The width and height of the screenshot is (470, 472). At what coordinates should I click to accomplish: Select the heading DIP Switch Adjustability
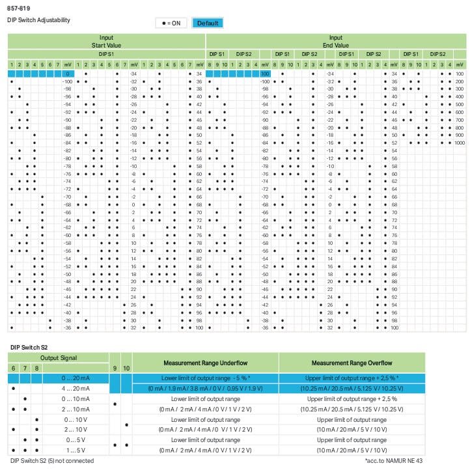[x=38, y=20]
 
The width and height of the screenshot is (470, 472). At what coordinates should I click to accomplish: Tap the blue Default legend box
[x=208, y=23]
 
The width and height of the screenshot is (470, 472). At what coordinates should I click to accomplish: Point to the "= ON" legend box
[x=171, y=23]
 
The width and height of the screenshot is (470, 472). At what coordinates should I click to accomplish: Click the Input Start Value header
[x=107, y=42]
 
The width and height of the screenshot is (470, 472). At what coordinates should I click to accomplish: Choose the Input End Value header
[x=335, y=42]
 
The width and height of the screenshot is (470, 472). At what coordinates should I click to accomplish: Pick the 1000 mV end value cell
[x=460, y=143]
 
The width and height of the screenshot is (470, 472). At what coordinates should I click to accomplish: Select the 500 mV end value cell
[x=460, y=104]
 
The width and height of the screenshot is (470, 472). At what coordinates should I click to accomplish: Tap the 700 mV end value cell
[x=460, y=120]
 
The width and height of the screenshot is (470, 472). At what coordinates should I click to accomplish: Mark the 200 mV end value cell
[x=460, y=81]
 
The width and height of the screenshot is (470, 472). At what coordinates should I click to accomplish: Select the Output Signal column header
[x=58, y=358]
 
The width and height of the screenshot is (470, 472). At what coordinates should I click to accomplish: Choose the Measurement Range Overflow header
[x=352, y=363]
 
